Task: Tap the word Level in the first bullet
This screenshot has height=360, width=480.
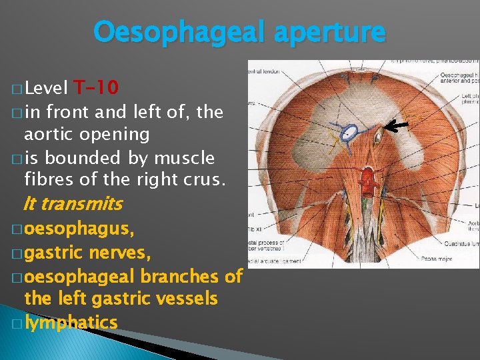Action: [46, 88]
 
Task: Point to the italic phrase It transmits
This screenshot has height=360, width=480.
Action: [73, 203]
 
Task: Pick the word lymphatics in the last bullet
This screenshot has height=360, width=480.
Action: [71, 323]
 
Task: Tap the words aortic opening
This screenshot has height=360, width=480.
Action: [87, 134]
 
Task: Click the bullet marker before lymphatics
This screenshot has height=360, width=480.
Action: [16, 323]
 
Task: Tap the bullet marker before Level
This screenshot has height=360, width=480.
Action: [16, 89]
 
